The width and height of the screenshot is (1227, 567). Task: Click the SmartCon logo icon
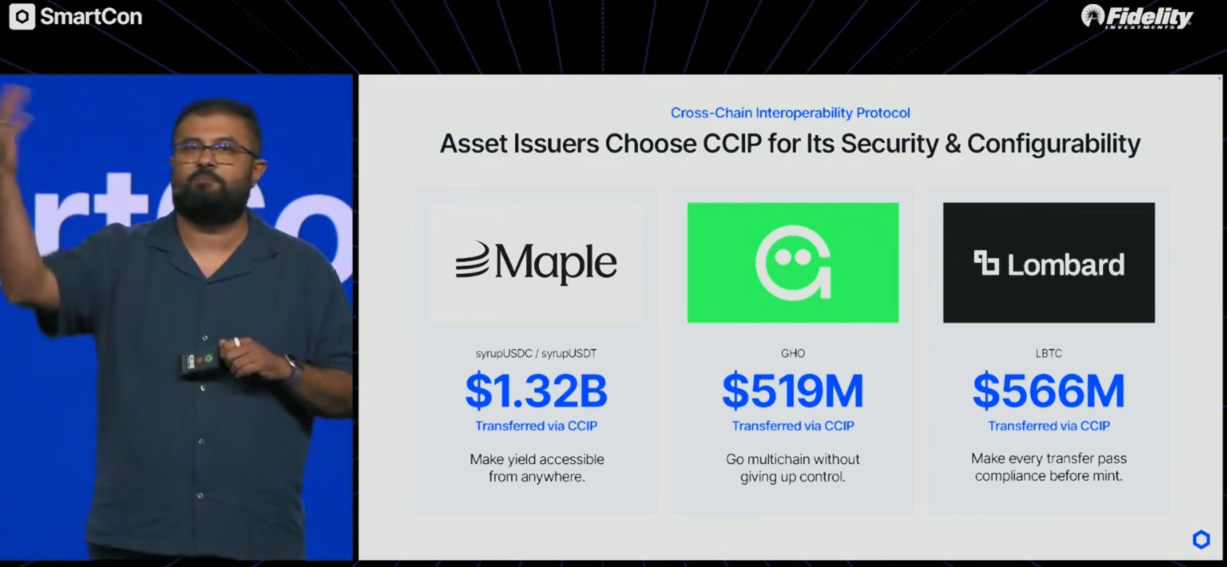22,17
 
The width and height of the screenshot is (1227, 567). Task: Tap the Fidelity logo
1137,17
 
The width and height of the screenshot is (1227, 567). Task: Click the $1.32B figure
536,391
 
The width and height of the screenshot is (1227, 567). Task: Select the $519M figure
792,391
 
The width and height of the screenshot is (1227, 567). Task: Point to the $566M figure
1049,391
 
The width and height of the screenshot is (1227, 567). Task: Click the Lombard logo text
1066,264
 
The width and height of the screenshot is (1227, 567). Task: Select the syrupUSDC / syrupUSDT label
536,354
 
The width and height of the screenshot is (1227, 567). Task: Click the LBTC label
1049,353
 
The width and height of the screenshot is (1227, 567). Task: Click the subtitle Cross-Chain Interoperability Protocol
790,113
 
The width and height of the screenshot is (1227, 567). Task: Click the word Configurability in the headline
1054,144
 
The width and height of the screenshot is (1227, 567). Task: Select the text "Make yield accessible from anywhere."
537,468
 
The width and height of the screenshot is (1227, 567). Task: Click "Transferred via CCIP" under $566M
1049,426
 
